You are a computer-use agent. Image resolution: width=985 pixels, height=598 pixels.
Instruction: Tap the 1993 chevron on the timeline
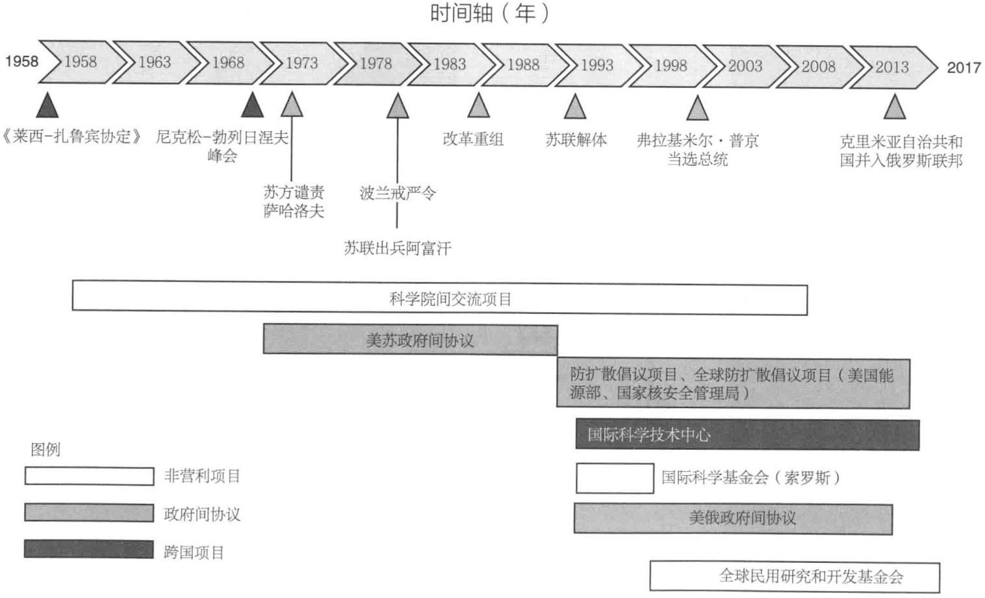pos(596,65)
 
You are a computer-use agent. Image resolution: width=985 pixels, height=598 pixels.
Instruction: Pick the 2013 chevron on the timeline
pos(891,67)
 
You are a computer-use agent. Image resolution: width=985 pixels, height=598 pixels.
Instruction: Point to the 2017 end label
pos(964,68)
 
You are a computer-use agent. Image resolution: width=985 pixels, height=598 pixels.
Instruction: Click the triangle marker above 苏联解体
pos(574,107)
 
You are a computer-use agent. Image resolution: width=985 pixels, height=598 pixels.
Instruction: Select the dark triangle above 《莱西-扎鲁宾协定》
pos(47,105)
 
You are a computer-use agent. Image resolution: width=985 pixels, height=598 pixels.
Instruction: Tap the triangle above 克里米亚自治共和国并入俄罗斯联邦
pos(895,108)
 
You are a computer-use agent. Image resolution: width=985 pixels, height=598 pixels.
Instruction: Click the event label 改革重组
pos(473,139)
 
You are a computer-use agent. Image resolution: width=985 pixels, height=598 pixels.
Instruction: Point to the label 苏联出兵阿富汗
pos(397,248)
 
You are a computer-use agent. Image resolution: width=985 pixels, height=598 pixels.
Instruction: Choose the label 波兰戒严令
pos(397,193)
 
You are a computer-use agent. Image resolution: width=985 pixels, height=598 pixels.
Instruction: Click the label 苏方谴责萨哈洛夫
pos(294,201)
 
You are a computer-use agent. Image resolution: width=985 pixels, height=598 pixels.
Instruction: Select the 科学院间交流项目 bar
pos(439,299)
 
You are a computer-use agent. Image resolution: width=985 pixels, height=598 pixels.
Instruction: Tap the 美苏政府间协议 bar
pos(410,340)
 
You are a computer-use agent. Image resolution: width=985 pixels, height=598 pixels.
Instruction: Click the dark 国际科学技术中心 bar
pos(747,435)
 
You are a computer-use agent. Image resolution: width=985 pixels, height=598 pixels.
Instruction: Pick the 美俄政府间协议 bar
pos(733,518)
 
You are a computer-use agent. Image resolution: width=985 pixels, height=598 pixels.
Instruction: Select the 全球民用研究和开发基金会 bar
pos(795,577)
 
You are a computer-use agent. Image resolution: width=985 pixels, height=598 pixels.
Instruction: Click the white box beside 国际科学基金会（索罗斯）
pos(615,478)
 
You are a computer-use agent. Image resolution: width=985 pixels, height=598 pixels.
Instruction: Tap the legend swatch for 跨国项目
pos(89,549)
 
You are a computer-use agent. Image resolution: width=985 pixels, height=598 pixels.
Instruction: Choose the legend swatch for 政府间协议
pos(89,512)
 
